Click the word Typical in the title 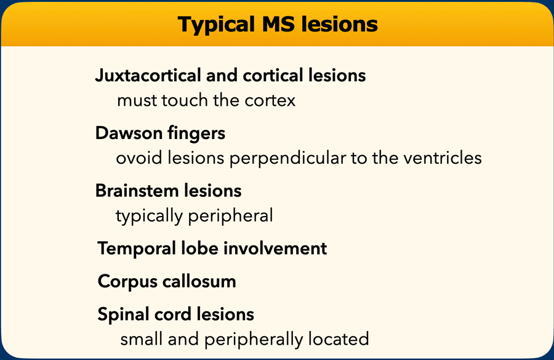(216, 25)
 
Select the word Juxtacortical (148, 75)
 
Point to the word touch (185, 100)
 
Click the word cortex (270, 101)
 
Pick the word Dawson (129, 133)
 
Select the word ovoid (139, 158)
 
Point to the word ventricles (443, 158)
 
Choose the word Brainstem (137, 191)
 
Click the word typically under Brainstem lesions (149, 216)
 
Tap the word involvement (275, 249)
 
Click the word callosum (199, 282)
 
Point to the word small (142, 339)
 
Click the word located (339, 339)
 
